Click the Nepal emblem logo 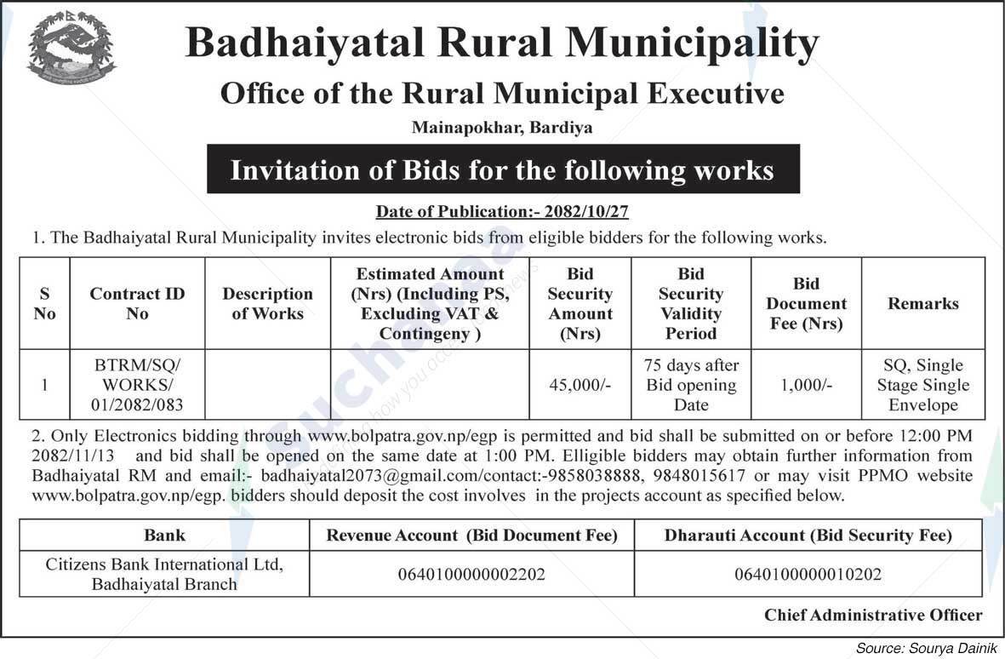coord(71,49)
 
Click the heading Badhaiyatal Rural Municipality coord(502,43)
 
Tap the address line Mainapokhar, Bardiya coord(502,129)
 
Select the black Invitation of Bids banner coord(502,169)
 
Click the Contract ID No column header coord(137,303)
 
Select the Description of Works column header coord(267,303)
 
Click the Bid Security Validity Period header coord(691,303)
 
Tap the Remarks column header coord(922,303)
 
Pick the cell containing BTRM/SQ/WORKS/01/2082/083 coord(137,385)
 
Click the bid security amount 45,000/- coord(580,385)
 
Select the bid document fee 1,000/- coord(806,385)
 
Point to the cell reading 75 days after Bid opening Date coord(691,385)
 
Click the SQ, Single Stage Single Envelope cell coord(922,385)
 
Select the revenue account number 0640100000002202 coord(471,575)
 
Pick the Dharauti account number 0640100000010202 coord(808,575)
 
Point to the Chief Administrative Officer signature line coord(872,615)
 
